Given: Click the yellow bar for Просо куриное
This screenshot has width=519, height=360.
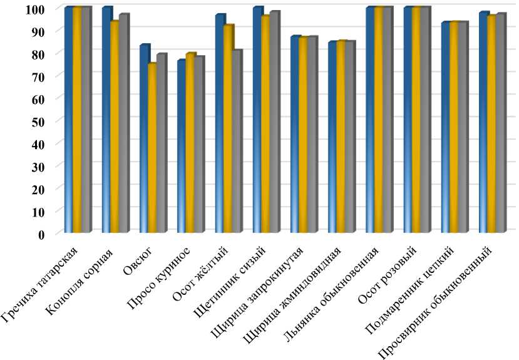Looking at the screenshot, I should [190, 143].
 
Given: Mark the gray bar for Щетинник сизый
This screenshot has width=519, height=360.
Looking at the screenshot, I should [274, 123].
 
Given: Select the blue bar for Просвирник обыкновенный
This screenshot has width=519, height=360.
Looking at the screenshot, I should [483, 123].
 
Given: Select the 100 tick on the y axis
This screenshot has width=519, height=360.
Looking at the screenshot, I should [41, 9].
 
